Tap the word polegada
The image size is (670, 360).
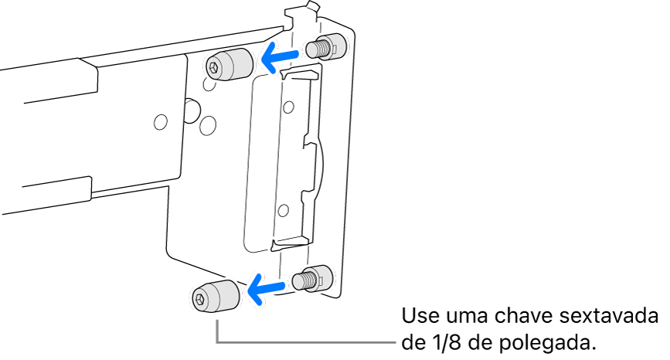point(548,341)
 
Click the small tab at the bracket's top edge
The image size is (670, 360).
point(311,10)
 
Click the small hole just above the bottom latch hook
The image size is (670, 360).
point(284,209)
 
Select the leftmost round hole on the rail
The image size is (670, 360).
point(161,121)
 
